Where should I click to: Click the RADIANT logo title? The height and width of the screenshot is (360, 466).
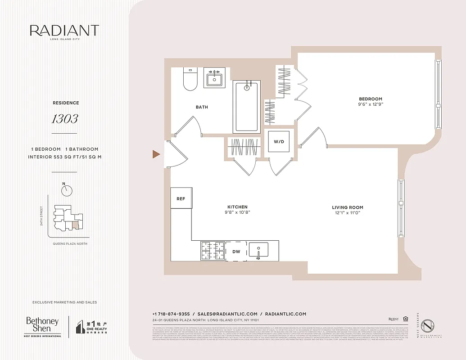[64, 31]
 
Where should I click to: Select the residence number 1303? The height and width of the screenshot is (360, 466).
[64, 119]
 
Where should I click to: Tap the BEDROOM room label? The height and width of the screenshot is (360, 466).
[370, 99]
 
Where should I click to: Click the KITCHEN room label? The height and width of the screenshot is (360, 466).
[237, 207]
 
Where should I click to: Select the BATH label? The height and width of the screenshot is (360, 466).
[202, 107]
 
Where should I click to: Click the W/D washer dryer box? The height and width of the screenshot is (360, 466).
[279, 142]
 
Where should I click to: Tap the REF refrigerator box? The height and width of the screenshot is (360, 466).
[181, 198]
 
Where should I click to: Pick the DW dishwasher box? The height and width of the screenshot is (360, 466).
[236, 252]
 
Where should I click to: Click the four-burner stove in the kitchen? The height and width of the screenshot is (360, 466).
[213, 251]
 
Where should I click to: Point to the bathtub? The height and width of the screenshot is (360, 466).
[247, 107]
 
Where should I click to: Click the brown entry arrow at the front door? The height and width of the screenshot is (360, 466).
[156, 154]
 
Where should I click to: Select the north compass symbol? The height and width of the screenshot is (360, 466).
[67, 190]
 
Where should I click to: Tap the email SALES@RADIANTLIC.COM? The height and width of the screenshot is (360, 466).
[227, 314]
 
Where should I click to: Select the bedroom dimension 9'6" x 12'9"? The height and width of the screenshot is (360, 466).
[370, 104]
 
